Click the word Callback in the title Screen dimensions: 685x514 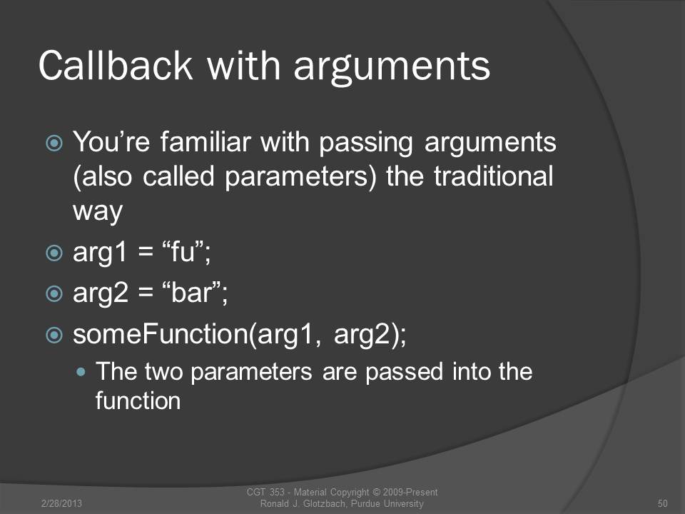click(116, 65)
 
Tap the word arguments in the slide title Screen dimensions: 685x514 click(392, 69)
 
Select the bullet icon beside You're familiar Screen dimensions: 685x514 click(54, 143)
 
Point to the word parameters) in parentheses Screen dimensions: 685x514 click(300, 177)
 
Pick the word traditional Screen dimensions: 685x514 click(494, 176)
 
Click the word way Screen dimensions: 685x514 click(98, 212)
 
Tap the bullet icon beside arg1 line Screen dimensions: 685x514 click(54, 253)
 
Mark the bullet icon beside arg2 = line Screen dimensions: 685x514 click(54, 293)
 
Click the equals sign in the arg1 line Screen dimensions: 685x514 click(146, 252)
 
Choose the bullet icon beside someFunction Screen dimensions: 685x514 click(54, 335)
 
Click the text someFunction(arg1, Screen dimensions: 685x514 click(198, 334)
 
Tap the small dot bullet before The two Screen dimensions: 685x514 click(81, 372)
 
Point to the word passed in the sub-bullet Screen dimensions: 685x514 click(405, 372)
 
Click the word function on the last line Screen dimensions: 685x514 click(138, 400)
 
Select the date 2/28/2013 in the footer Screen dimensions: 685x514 click(61, 503)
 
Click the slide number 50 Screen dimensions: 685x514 click(662, 503)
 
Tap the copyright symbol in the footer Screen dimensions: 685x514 click(376, 492)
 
